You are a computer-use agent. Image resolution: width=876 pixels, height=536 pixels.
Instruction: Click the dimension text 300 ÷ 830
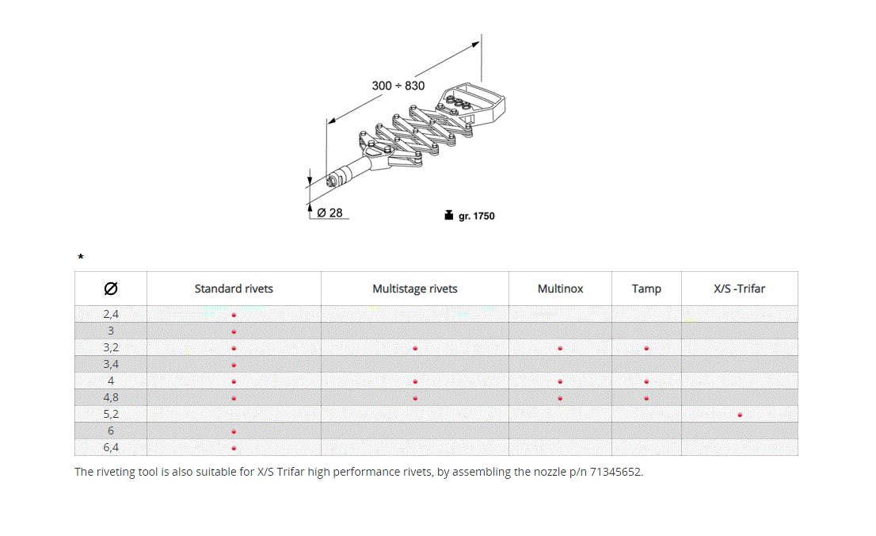pyautogui.click(x=398, y=86)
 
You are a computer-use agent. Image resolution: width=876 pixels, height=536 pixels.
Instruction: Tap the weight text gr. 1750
pyautogui.click(x=477, y=216)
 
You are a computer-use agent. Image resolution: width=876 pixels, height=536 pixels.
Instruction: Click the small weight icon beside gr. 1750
pyautogui.click(x=448, y=215)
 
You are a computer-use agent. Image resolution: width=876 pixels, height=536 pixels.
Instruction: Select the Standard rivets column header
pyautogui.click(x=234, y=289)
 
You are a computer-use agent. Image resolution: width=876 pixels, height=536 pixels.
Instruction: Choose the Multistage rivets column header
pyautogui.click(x=415, y=289)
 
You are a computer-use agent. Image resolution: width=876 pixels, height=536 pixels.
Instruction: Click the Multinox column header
pyautogui.click(x=560, y=289)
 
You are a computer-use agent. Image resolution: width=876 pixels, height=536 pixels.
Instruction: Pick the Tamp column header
pyautogui.click(x=646, y=289)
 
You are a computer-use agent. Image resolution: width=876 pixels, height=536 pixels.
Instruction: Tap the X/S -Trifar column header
pyautogui.click(x=740, y=289)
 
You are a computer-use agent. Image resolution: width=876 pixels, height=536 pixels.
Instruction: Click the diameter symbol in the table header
pyautogui.click(x=111, y=289)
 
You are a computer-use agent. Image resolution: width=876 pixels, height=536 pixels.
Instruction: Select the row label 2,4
pyautogui.click(x=111, y=314)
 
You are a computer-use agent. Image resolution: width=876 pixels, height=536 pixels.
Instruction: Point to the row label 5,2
pyautogui.click(x=111, y=414)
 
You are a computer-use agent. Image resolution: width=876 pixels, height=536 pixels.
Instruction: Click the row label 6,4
pyautogui.click(x=111, y=447)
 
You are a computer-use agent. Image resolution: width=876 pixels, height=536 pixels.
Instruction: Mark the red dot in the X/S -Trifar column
pyautogui.click(x=740, y=415)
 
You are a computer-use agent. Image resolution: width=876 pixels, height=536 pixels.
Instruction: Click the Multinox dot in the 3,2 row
pyautogui.click(x=560, y=348)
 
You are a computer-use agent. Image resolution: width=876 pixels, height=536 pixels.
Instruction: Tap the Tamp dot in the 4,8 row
pyautogui.click(x=646, y=398)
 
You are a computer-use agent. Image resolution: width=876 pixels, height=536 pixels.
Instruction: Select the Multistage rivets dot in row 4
pyautogui.click(x=415, y=381)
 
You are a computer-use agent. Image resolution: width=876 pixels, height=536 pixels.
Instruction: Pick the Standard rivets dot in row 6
pyautogui.click(x=234, y=431)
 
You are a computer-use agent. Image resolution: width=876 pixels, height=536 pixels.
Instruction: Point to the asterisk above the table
pyautogui.click(x=80, y=258)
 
